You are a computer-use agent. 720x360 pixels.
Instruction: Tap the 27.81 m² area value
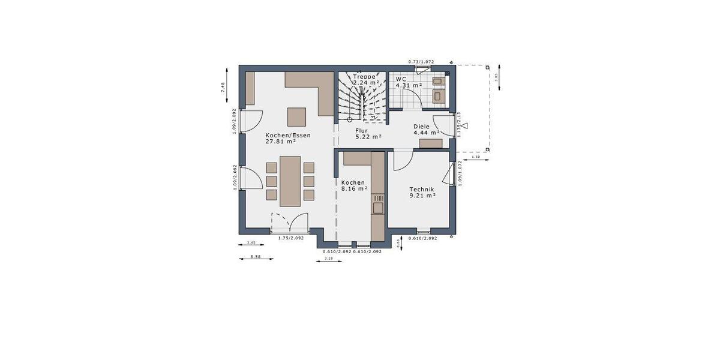click(281, 142)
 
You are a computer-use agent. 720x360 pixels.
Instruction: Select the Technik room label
click(422, 188)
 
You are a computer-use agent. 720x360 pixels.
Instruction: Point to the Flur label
click(361, 130)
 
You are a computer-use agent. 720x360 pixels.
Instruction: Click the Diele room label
click(422, 127)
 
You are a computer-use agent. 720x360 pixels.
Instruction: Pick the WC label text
click(401, 79)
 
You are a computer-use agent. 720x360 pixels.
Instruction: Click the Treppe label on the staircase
click(364, 77)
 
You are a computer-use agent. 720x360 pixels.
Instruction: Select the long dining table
click(290, 181)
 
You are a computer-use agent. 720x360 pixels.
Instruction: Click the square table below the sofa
click(296, 116)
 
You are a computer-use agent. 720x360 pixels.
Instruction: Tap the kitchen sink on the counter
click(378, 208)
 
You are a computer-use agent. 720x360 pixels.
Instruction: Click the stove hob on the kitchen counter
click(378, 197)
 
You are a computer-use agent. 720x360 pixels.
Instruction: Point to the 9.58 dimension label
click(254, 257)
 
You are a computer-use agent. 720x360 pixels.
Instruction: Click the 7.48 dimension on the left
click(223, 87)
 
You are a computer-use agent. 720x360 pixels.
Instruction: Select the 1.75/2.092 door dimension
click(290, 238)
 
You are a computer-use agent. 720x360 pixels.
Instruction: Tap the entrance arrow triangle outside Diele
click(465, 126)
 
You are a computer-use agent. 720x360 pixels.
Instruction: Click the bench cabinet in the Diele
click(431, 143)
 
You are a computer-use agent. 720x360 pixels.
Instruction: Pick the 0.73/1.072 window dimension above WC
click(421, 62)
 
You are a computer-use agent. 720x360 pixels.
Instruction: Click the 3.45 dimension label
click(252, 242)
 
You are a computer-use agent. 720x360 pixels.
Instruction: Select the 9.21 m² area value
click(422, 195)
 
